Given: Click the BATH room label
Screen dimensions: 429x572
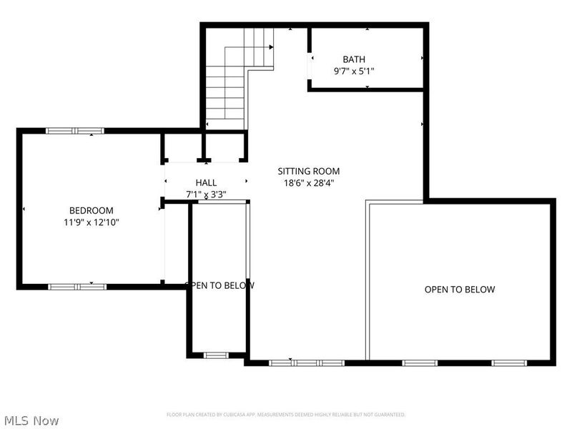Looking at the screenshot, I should (x=354, y=59).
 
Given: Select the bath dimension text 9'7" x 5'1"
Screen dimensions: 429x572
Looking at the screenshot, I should (x=354, y=71).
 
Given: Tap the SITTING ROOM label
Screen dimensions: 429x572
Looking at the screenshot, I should (x=309, y=171).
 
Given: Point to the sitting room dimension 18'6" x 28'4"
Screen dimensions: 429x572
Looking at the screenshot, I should (x=309, y=182).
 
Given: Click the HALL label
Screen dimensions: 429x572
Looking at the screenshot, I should (x=206, y=183).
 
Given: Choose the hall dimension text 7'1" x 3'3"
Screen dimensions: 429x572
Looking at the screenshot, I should (x=206, y=194).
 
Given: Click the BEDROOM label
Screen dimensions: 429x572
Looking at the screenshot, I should (x=91, y=210).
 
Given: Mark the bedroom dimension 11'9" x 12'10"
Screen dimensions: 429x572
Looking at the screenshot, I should (x=91, y=222).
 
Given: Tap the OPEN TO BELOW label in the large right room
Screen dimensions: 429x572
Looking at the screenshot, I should (x=460, y=290).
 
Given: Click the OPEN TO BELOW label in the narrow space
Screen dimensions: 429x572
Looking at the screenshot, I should (x=219, y=285).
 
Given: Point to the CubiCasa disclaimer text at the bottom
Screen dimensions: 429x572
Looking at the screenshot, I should (x=286, y=415).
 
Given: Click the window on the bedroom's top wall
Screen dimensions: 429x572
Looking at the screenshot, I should (x=75, y=131).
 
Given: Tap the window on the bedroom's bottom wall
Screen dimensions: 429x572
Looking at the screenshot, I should (x=77, y=287).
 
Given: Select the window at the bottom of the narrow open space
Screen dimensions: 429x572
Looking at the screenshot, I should (x=216, y=355).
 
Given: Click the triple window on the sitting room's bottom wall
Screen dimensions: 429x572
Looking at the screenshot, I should (x=307, y=363).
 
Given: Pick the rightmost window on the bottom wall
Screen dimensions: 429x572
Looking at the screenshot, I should (x=509, y=363).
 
